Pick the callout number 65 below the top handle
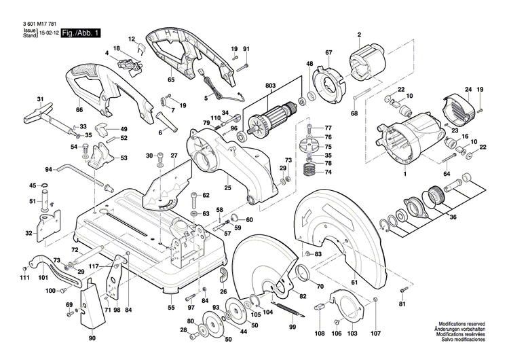point(171,80)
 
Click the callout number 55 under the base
point(172,308)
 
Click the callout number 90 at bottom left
point(92,337)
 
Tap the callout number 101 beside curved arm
point(43,278)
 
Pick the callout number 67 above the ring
point(328,53)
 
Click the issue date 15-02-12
point(48,33)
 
